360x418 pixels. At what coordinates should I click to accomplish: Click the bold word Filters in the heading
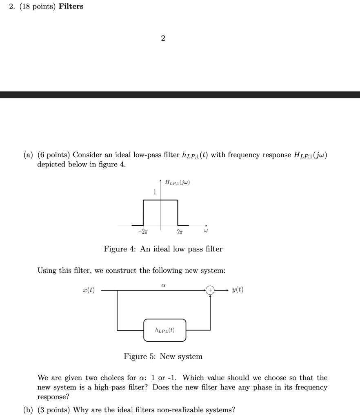click(x=71, y=7)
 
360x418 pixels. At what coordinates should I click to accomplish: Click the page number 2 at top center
click(x=163, y=38)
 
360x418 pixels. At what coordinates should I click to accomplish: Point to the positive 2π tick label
click(x=180, y=232)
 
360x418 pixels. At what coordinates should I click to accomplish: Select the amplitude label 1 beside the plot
click(x=154, y=192)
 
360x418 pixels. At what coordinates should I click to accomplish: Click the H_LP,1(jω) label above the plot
click(x=178, y=182)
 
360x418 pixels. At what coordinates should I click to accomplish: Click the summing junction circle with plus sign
click(x=210, y=290)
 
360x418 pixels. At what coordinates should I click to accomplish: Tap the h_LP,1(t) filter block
click(x=165, y=330)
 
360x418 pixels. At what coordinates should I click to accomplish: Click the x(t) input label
click(x=89, y=290)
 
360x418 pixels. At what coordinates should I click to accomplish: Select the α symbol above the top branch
click(x=164, y=281)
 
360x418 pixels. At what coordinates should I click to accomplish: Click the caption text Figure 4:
click(x=120, y=249)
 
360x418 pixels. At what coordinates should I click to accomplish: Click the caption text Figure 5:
click(x=140, y=357)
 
